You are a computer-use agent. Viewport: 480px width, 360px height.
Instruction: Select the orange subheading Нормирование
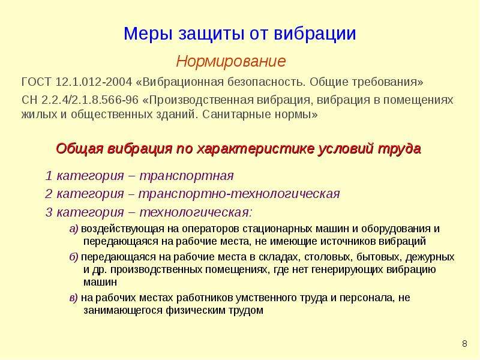(231, 61)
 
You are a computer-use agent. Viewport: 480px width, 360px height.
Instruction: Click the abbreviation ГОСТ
(37, 82)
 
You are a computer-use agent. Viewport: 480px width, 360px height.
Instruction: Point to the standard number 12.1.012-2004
(94, 82)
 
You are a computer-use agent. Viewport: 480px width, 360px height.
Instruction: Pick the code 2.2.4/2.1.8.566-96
(89, 100)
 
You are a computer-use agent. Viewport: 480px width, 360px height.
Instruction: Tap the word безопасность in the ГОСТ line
(266, 82)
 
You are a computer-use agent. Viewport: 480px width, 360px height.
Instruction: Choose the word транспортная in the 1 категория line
(187, 176)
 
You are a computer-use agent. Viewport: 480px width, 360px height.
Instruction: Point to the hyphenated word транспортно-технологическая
(239, 194)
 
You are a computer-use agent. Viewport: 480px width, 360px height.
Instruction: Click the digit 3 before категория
(49, 212)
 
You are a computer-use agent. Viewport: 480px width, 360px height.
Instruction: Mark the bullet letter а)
(74, 229)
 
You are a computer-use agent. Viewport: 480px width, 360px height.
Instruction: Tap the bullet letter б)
(74, 257)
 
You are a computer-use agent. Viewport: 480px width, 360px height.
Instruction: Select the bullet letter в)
(74, 298)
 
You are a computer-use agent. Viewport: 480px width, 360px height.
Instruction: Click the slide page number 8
(464, 343)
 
